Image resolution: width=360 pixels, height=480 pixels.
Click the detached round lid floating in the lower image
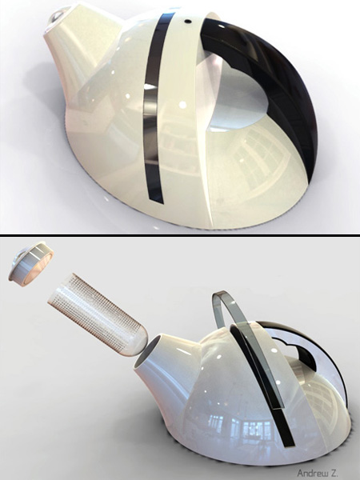click(x=30, y=262)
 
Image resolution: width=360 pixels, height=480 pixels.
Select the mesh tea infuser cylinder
click(x=92, y=308)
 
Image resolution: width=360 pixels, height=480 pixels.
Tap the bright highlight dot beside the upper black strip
click(x=183, y=104)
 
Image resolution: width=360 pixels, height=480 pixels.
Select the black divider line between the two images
click(x=180, y=234)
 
